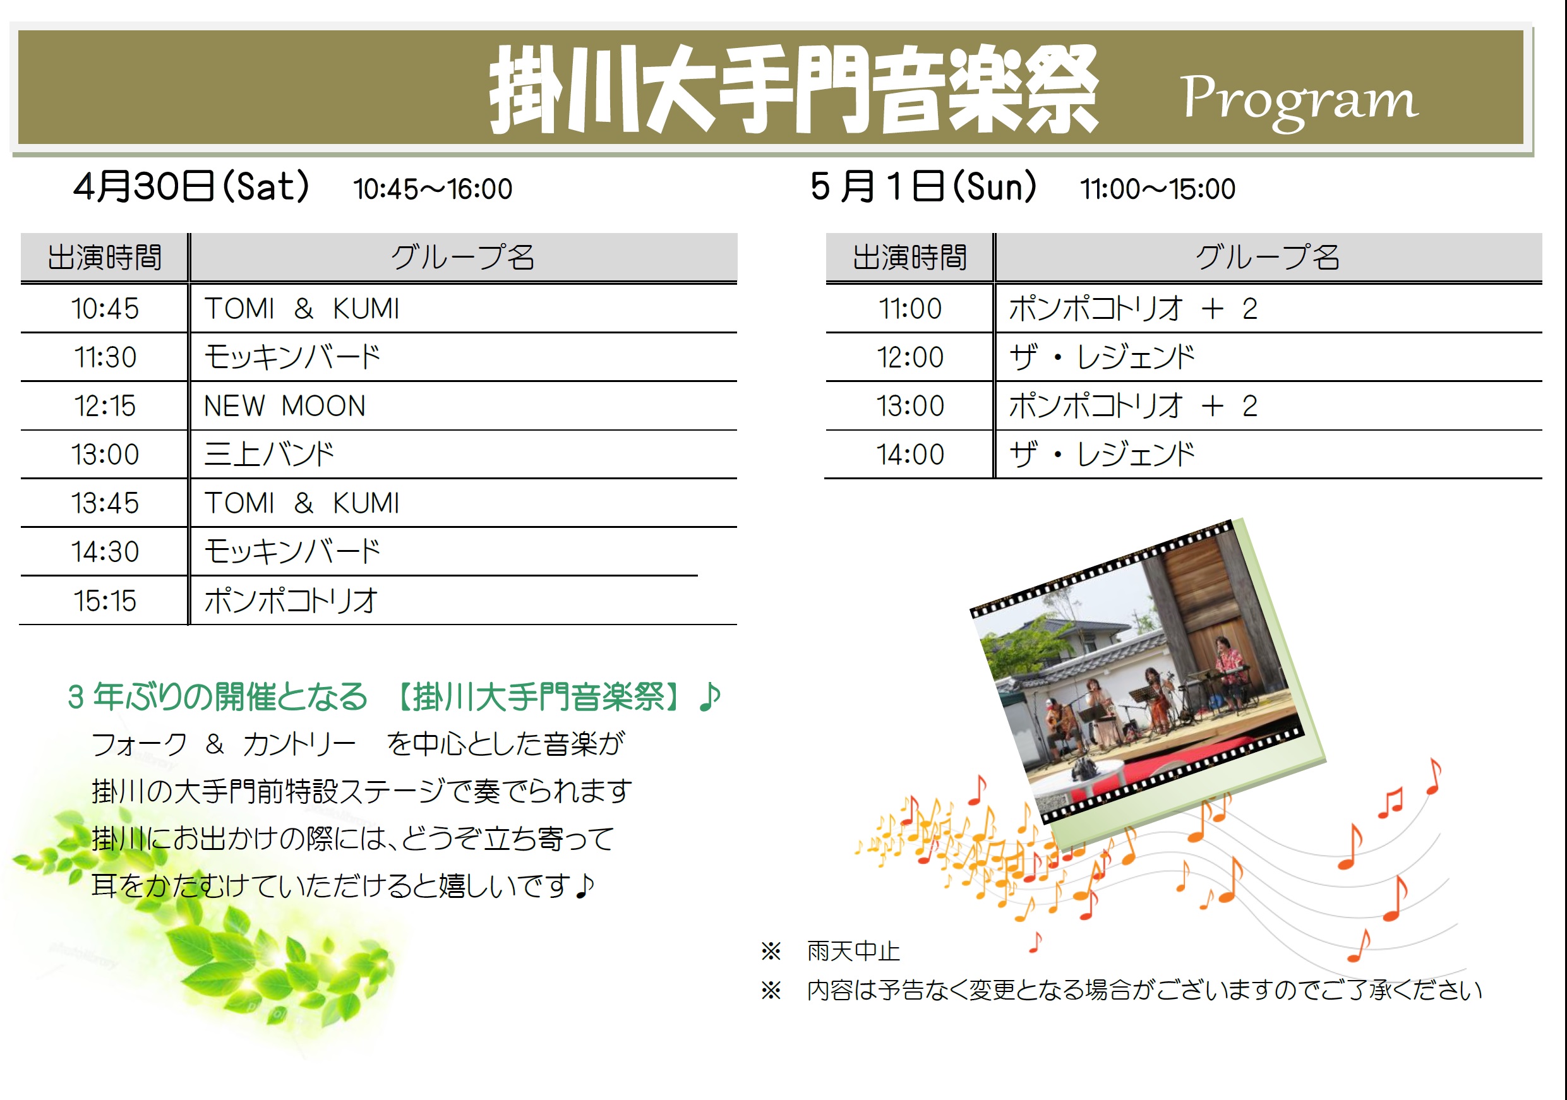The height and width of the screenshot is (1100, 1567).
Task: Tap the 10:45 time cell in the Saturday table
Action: (x=105, y=308)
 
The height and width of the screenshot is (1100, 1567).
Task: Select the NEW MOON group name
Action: (x=285, y=406)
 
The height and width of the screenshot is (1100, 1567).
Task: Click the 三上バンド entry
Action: (x=270, y=455)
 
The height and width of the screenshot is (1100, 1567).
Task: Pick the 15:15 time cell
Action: (x=105, y=601)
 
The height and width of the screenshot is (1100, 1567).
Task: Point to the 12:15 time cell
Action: (x=105, y=406)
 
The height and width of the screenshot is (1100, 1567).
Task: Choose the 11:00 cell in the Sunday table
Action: (x=910, y=308)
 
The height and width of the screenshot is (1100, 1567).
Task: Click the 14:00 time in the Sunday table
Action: (x=910, y=455)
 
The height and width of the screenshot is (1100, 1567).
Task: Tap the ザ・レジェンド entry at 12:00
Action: (x=1102, y=357)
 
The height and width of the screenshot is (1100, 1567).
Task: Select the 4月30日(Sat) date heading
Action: (x=192, y=186)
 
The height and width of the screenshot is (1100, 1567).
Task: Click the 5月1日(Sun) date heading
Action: (x=923, y=186)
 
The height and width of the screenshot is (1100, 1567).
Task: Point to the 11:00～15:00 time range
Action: (x=1158, y=189)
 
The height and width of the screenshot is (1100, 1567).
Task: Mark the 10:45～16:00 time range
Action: (x=433, y=189)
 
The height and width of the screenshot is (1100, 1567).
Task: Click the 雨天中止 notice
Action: (x=853, y=950)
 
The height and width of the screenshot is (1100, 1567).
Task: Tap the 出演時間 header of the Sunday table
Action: (x=910, y=257)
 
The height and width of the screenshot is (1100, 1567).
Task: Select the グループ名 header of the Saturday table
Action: (x=463, y=257)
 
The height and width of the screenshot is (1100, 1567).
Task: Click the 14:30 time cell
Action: (x=105, y=551)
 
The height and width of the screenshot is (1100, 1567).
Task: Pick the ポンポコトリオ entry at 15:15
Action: (x=291, y=601)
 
